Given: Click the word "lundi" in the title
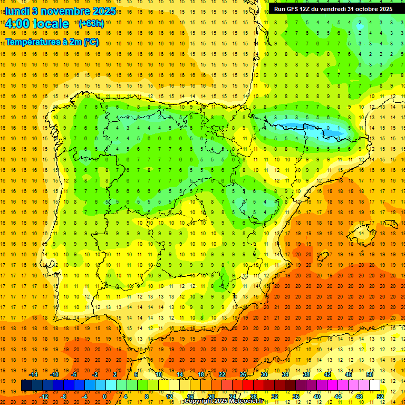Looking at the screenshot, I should click(x=17, y=11).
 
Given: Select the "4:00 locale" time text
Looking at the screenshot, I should click(x=37, y=24).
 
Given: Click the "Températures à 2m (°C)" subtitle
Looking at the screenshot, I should click(x=52, y=42).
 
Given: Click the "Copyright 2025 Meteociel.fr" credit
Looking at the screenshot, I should click(x=224, y=401).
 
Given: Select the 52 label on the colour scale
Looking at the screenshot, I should click(x=380, y=397).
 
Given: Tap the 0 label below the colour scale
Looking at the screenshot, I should click(x=104, y=397).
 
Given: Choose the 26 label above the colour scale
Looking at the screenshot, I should click(x=243, y=374).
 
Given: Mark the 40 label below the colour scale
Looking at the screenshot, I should click(x=316, y=397).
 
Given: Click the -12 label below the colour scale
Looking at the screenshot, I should click(x=44, y=397).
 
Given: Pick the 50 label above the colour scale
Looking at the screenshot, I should click(x=369, y=374).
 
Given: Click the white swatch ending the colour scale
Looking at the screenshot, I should click(x=375, y=385).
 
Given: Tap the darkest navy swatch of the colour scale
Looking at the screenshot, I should click(x=26, y=385).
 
